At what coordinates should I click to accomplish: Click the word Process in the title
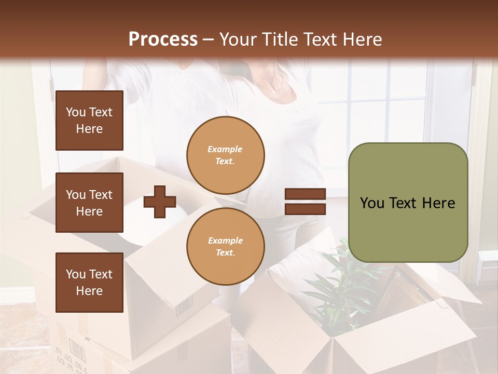pyautogui.click(x=163, y=39)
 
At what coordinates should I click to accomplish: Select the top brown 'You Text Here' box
pyautogui.click(x=89, y=121)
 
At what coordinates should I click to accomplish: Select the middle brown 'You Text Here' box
pyautogui.click(x=89, y=203)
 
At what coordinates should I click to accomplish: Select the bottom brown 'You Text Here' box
pyautogui.click(x=89, y=282)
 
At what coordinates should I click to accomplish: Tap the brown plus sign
pyautogui.click(x=160, y=202)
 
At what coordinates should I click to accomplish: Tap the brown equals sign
pyautogui.click(x=305, y=202)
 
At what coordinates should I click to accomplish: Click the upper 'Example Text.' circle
pyautogui.click(x=225, y=155)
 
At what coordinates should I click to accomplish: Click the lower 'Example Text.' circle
pyautogui.click(x=225, y=246)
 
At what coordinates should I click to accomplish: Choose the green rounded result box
pyautogui.click(x=408, y=203)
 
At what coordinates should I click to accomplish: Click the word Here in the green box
pyautogui.click(x=438, y=203)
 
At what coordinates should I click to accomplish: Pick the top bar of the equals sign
pyautogui.click(x=305, y=194)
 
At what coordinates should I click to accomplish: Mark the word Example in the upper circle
pyautogui.click(x=225, y=149)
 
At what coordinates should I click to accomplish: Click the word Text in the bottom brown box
pyautogui.click(x=101, y=274)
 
